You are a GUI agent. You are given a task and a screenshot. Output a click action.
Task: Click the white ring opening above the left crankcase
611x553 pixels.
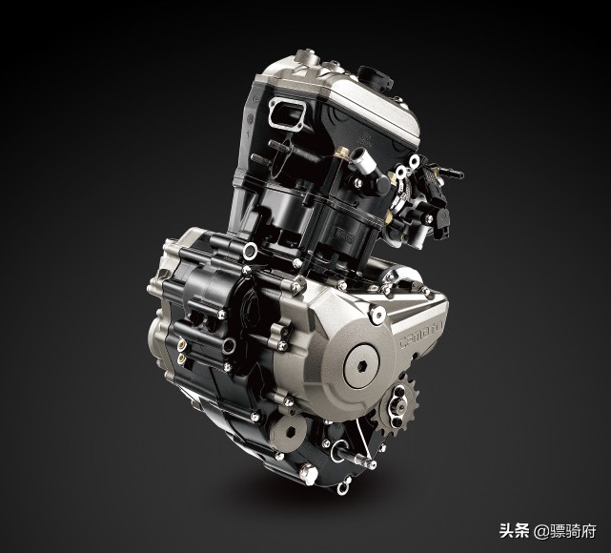(251, 250)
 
